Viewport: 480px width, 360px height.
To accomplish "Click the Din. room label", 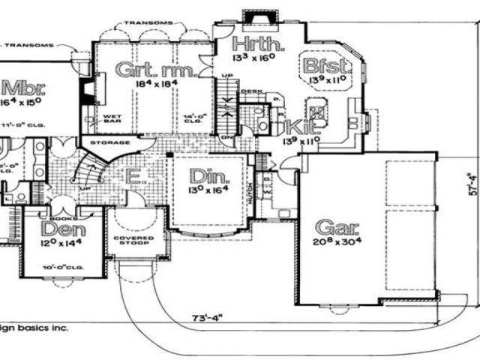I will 205,176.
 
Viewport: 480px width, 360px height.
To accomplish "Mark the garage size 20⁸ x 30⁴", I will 336,241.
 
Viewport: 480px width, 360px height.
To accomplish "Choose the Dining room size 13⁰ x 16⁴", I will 205,191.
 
